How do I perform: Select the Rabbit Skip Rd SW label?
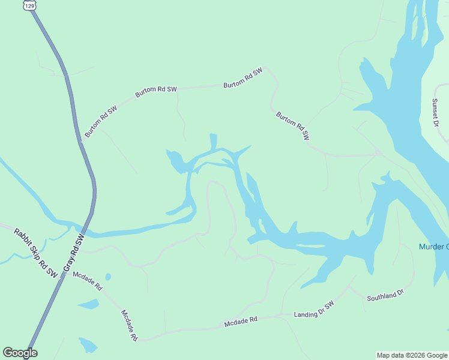pos(35,253)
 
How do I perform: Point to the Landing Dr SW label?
pos(313,310)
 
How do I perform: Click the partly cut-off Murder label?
pos(433,247)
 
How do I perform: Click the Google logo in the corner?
pos(20,353)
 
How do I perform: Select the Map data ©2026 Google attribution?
pos(412,355)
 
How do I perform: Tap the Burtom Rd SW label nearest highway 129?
pos(100,122)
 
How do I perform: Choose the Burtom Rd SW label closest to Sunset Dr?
pos(292,126)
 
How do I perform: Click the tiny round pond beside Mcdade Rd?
pos(108,277)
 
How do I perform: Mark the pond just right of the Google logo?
pos(88,345)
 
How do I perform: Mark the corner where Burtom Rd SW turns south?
pos(267,70)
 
